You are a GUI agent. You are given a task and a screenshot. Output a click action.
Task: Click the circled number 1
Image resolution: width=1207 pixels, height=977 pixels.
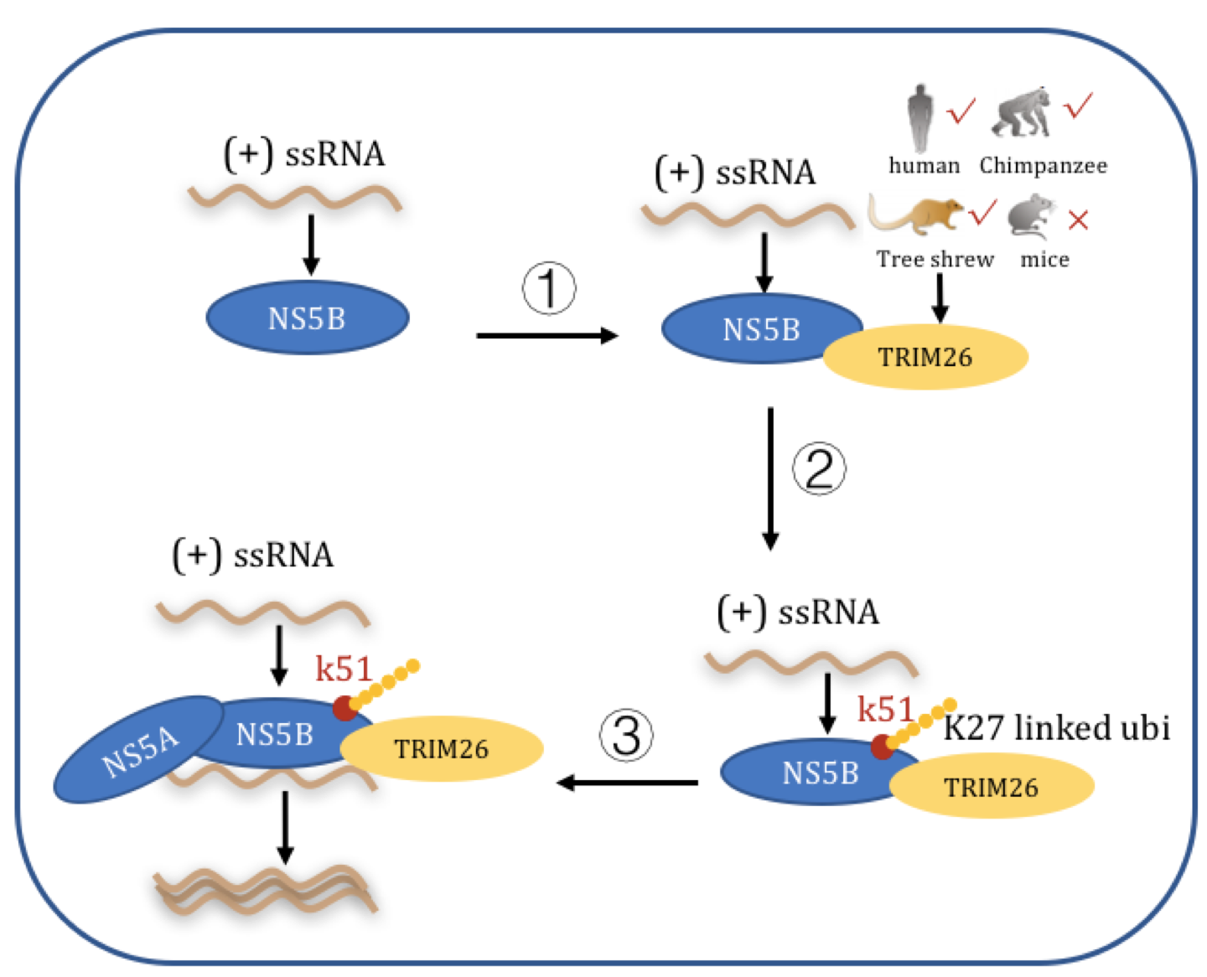click(549, 288)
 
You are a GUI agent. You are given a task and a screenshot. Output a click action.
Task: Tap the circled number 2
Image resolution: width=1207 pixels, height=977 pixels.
click(819, 468)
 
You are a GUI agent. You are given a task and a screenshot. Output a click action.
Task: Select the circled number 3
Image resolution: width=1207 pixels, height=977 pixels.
click(626, 736)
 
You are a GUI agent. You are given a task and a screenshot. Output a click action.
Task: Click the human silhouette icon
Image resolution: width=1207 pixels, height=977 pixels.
click(920, 117)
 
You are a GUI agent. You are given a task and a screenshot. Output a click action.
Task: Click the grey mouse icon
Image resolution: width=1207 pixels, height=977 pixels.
click(1031, 217)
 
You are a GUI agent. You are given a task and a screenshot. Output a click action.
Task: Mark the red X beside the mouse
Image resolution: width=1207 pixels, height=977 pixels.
click(1079, 220)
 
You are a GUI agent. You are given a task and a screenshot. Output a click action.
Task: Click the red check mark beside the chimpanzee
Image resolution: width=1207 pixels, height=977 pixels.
click(1078, 106)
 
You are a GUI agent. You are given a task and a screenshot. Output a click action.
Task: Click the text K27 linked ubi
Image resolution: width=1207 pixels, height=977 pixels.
click(1056, 727)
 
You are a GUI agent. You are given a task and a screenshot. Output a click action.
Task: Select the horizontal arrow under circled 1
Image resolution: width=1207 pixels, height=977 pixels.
click(547, 336)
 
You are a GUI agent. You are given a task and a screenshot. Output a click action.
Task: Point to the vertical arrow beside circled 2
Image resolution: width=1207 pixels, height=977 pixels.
click(770, 478)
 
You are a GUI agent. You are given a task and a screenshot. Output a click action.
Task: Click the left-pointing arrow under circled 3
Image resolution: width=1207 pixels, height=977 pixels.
click(628, 783)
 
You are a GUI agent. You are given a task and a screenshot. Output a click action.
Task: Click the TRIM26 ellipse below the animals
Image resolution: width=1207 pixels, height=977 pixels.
click(925, 358)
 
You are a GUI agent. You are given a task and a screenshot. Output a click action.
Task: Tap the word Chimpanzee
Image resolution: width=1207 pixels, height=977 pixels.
click(1043, 166)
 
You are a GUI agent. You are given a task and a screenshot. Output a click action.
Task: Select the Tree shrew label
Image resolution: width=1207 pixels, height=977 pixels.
click(935, 259)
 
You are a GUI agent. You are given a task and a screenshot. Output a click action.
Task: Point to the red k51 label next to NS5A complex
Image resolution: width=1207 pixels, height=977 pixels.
click(344, 669)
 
